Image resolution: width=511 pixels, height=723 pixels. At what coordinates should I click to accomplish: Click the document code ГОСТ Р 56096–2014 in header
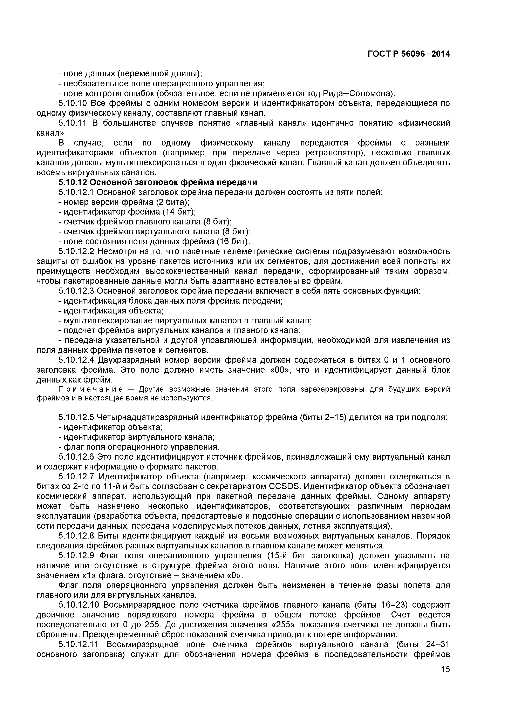pyautogui.click(x=409, y=54)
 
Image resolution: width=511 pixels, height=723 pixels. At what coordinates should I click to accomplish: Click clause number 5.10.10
pyautogui.click(x=73, y=103)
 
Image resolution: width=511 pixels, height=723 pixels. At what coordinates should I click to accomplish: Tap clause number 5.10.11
pyautogui.click(x=73, y=123)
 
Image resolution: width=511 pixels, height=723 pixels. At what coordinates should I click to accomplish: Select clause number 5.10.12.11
pyautogui.click(x=78, y=644)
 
